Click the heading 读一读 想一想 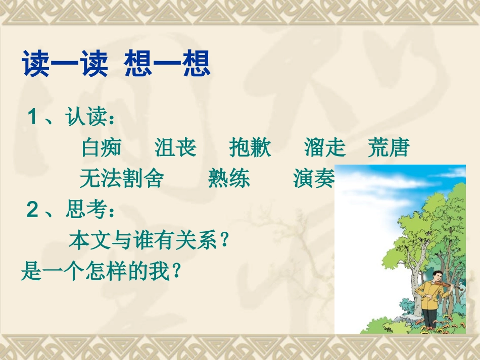(116, 66)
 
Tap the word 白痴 (101, 147)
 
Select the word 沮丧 (175, 147)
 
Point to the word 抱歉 (250, 147)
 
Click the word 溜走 (325, 147)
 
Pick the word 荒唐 (388, 147)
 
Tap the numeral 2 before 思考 (33, 210)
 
